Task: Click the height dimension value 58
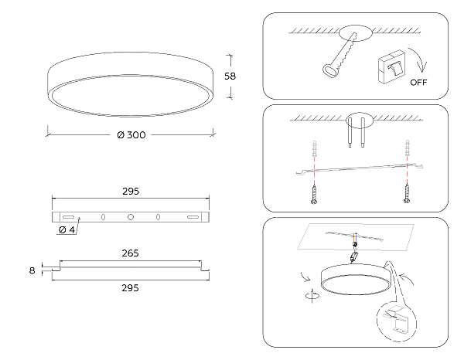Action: (230, 76)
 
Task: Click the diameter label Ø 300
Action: (131, 135)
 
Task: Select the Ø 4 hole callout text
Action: (67, 229)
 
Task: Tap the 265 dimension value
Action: (130, 253)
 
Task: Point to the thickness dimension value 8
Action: (32, 270)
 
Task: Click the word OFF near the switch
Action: (418, 82)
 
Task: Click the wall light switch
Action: (391, 66)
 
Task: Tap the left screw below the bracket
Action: (314, 194)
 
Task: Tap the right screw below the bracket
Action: (408, 193)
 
